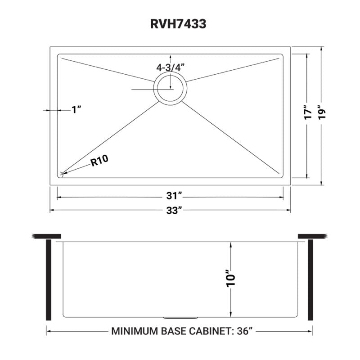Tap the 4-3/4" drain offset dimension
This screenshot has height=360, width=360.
(x=171, y=67)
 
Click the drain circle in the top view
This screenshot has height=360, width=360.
(x=170, y=88)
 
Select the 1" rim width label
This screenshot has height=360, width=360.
(x=76, y=109)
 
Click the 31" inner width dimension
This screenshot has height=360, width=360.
(x=170, y=197)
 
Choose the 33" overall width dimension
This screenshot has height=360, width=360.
(x=170, y=210)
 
